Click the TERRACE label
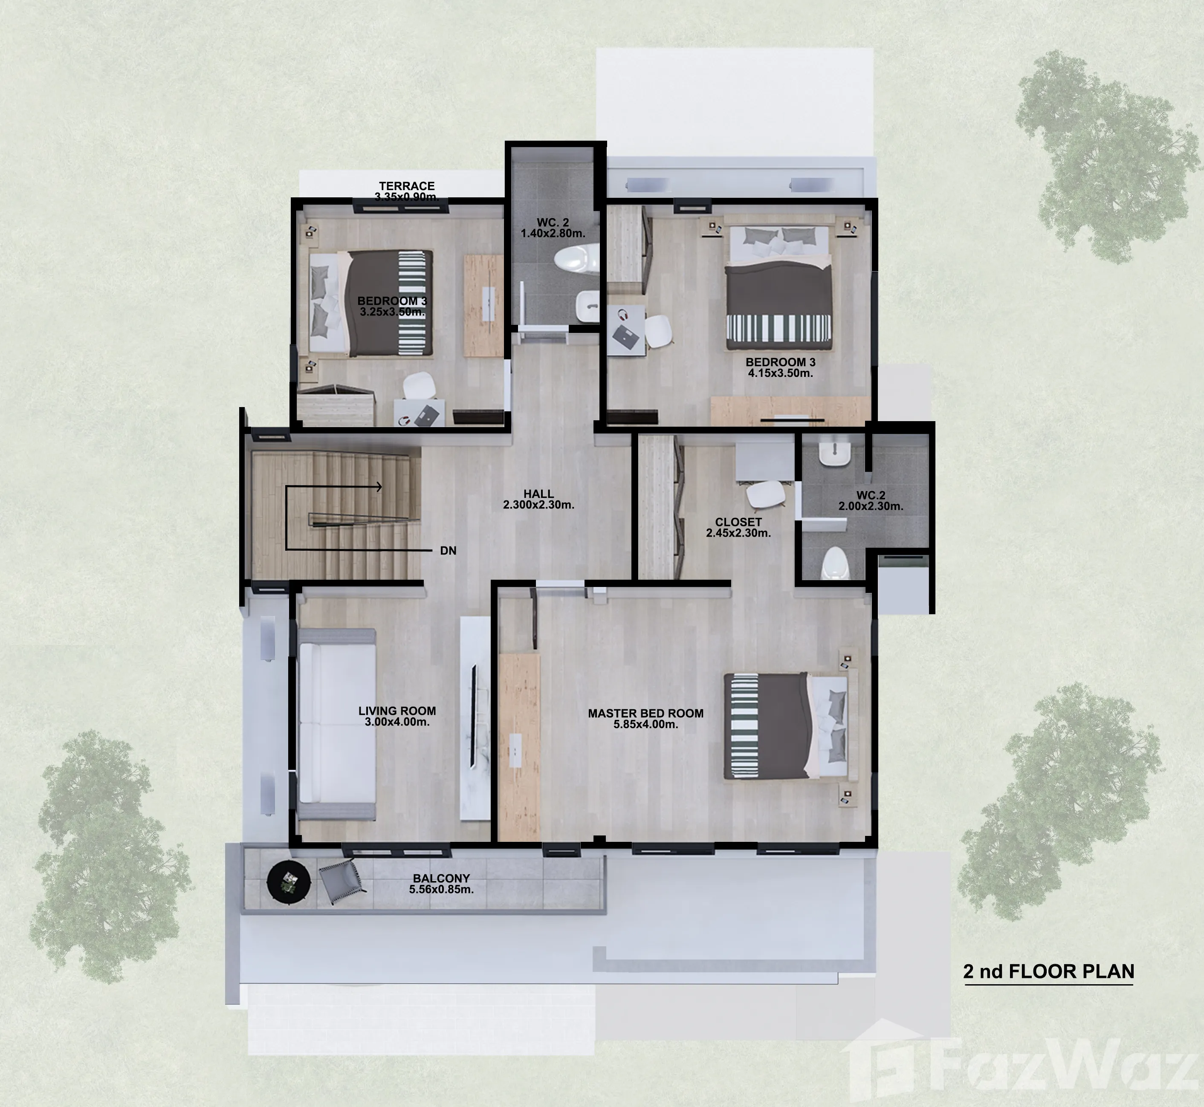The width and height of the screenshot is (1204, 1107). [x=407, y=186]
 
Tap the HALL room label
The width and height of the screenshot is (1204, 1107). [x=538, y=494]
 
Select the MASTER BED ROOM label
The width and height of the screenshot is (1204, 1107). [x=646, y=714]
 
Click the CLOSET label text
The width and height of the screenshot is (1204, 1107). [x=738, y=522]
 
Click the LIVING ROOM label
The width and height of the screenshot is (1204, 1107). [x=397, y=711]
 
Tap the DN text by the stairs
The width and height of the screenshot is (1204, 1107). [x=448, y=550]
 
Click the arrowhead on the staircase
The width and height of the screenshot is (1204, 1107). [x=379, y=487]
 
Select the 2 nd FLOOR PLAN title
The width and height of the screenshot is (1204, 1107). [x=1048, y=971]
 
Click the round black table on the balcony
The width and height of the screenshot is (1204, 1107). [x=289, y=882]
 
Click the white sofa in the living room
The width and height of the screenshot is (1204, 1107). [x=337, y=724]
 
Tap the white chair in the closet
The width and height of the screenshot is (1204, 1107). [x=765, y=495]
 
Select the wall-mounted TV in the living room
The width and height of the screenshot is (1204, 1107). [x=473, y=715]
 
